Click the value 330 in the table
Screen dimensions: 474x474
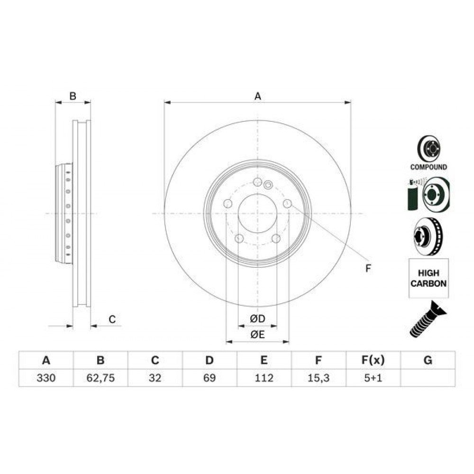click(x=46, y=378)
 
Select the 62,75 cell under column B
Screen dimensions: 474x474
click(x=100, y=378)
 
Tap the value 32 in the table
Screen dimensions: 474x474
click(x=155, y=378)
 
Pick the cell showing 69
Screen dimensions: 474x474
click(x=210, y=378)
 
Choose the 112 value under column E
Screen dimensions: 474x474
click(x=264, y=378)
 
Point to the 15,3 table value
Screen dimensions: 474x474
click(x=319, y=378)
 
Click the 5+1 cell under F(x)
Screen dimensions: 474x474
click(x=373, y=378)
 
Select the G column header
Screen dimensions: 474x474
click(x=428, y=360)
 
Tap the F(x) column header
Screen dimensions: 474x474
click(x=373, y=360)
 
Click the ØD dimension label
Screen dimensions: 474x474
click(x=257, y=319)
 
